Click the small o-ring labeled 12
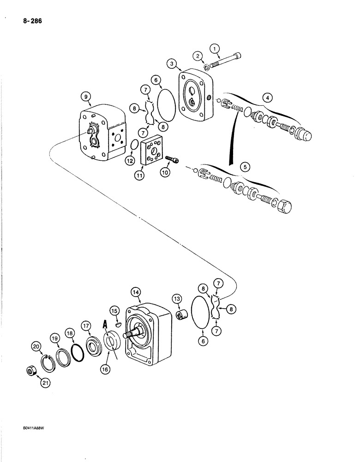point(132,145)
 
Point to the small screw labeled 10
point(172,159)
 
